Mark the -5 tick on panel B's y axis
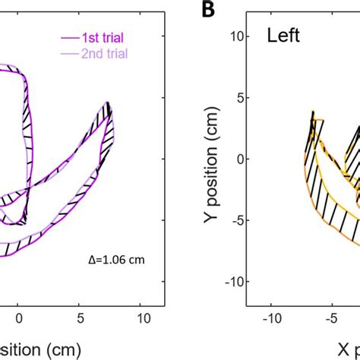235,220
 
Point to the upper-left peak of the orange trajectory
312,112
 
